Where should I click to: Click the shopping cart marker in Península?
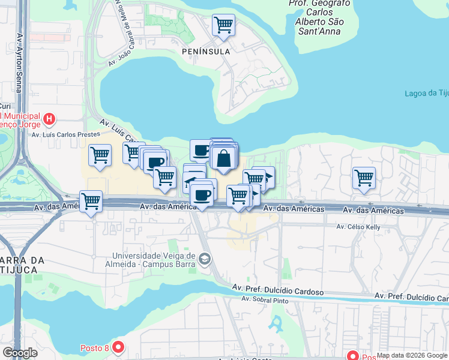click(223, 25)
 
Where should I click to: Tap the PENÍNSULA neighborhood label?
click(206, 52)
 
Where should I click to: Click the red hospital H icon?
click(49, 119)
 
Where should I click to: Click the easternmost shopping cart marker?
click(364, 178)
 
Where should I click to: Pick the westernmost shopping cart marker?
click(91, 201)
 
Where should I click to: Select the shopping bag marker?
click(223, 158)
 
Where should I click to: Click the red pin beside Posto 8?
click(118, 347)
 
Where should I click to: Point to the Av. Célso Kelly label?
click(359, 227)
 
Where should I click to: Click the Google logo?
click(20, 353)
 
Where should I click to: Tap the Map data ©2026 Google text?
click(412, 356)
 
